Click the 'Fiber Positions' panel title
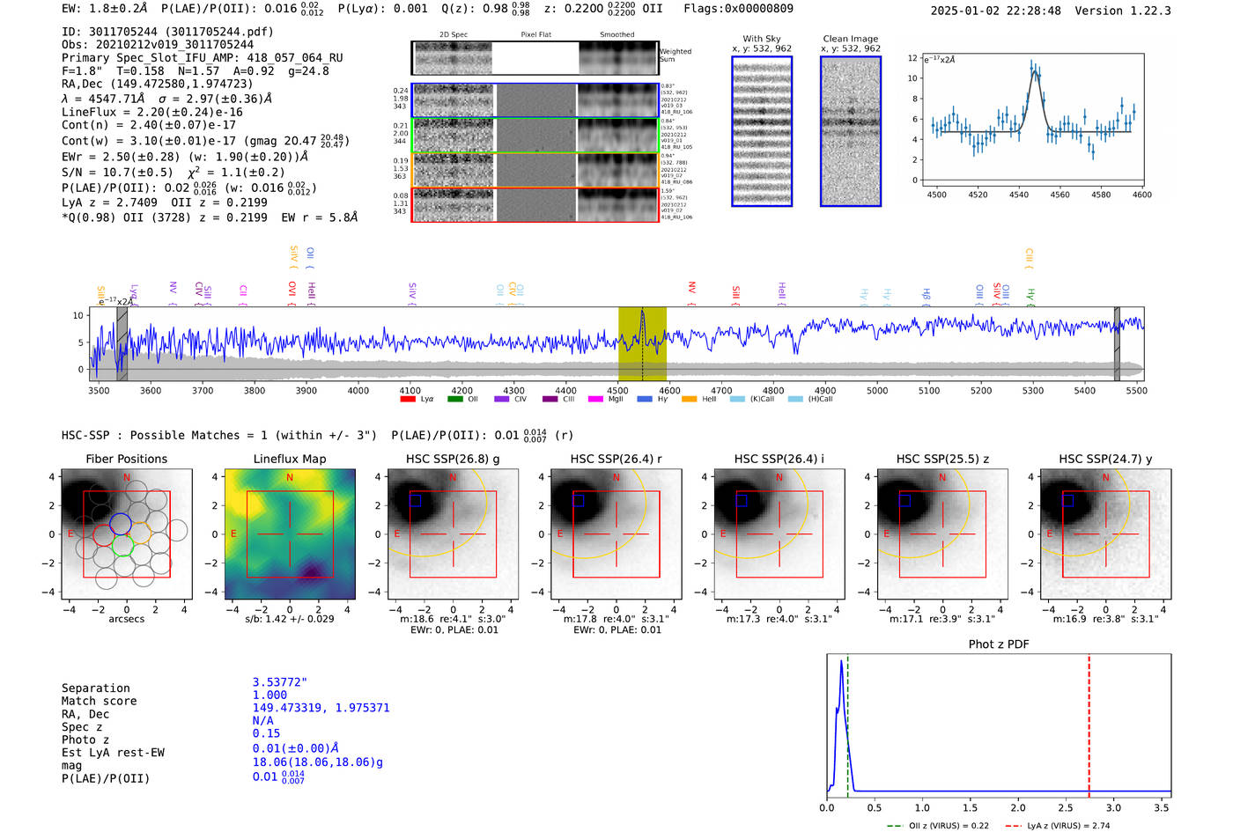click(x=126, y=459)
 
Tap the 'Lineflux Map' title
click(x=289, y=459)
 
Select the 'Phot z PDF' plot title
click(x=998, y=644)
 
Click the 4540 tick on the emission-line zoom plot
click(x=1018, y=195)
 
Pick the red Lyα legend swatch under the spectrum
click(x=408, y=399)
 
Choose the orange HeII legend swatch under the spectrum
click(x=689, y=399)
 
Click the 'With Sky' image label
click(x=761, y=39)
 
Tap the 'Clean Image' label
click(x=850, y=39)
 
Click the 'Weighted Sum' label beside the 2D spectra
click(x=676, y=55)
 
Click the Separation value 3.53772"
click(x=279, y=682)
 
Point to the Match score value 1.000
click(x=269, y=695)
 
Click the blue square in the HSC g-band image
click(x=416, y=500)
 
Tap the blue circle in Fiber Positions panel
click(x=121, y=523)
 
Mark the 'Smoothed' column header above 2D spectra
click(x=616, y=35)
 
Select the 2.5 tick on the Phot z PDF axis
click(x=1066, y=807)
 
